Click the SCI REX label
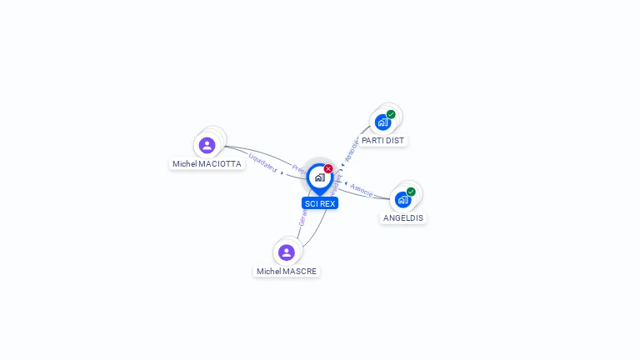(320, 203)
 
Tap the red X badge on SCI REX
(328, 169)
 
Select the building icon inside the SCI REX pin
(319, 177)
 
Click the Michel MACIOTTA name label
(207, 164)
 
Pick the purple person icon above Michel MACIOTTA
(207, 145)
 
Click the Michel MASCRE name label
(287, 272)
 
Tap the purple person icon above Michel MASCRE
(287, 252)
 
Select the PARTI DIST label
(382, 141)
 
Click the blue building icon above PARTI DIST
(382, 122)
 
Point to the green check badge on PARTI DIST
(391, 114)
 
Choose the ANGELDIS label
(403, 218)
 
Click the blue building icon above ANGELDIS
(402, 200)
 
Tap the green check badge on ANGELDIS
(411, 192)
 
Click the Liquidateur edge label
(263, 163)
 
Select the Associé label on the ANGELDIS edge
(362, 190)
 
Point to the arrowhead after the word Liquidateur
(282, 172)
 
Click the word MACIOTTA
(220, 164)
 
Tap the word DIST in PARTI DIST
(394, 141)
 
